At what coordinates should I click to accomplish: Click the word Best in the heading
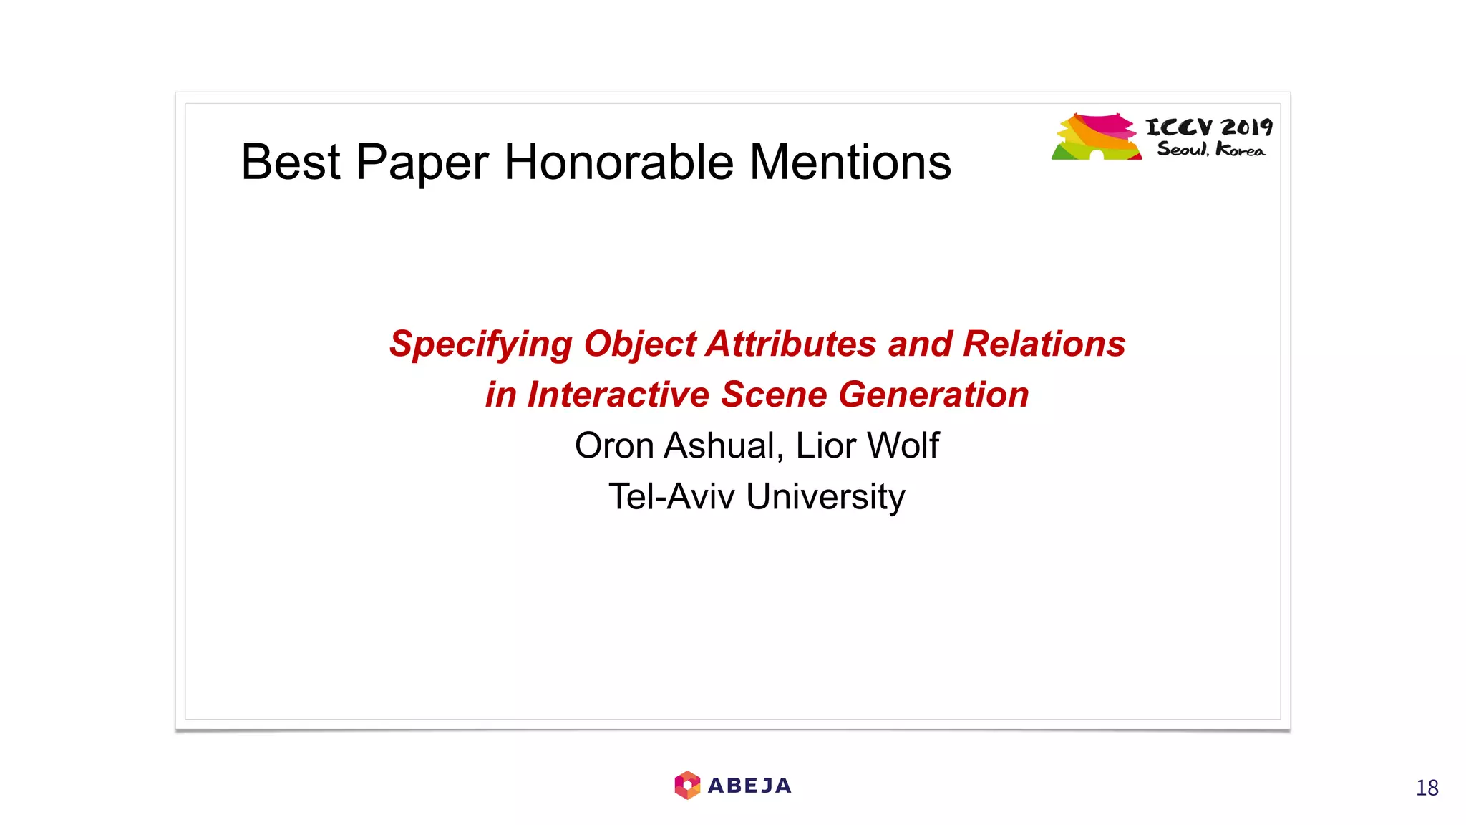290,163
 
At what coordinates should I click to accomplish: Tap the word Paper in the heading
422,163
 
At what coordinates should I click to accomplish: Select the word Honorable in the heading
619,163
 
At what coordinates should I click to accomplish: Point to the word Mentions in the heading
850,163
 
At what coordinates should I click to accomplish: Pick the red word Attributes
791,344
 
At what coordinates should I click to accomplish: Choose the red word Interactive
618,395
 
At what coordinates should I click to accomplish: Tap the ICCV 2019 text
1209,127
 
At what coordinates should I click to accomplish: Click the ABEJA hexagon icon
687,786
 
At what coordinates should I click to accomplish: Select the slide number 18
1427,788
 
